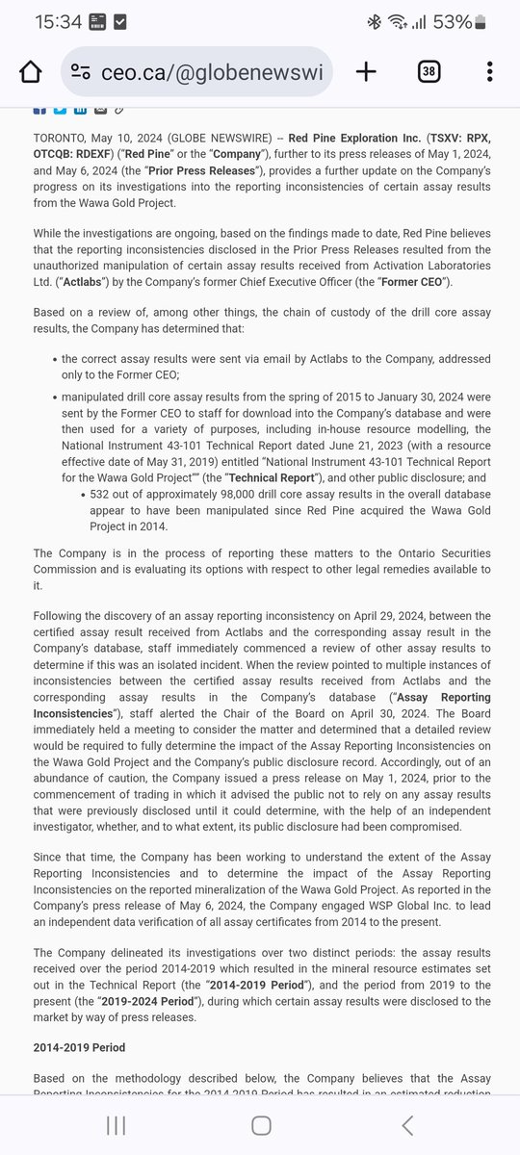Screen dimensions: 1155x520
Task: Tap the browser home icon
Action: click(31, 72)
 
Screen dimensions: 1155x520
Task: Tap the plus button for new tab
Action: click(366, 72)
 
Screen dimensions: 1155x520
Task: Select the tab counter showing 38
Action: click(429, 72)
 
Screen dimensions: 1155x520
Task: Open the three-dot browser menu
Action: click(490, 72)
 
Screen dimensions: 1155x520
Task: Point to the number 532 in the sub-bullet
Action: click(101, 494)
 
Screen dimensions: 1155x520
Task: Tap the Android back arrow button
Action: click(407, 1125)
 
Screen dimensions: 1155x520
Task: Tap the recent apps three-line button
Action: click(116, 1125)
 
